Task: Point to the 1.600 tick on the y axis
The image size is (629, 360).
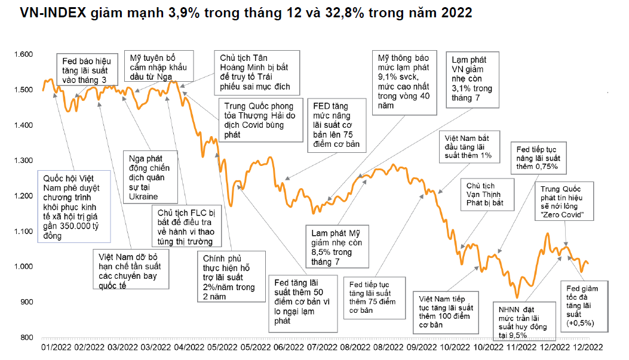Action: (23, 54)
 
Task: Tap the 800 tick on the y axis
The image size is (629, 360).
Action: (26, 337)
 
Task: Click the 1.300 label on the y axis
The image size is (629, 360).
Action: (23, 161)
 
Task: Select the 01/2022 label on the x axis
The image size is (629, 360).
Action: (57, 347)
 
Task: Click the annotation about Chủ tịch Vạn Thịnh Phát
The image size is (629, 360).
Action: (484, 195)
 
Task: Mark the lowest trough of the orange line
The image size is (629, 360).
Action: (517, 297)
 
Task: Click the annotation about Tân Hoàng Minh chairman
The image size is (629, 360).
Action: (255, 72)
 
